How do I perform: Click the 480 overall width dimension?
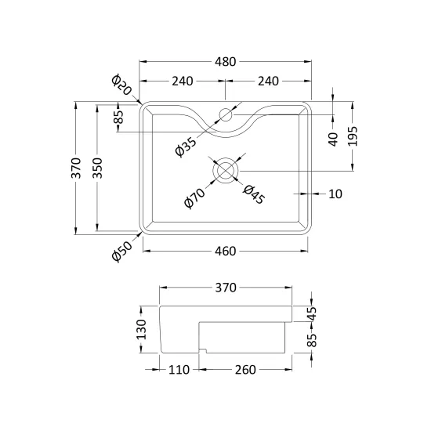[x=225, y=62]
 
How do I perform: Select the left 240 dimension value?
[x=183, y=81]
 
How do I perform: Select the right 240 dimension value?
[x=268, y=81]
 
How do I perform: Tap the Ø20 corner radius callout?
[x=121, y=85]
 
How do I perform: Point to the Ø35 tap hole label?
[x=186, y=147]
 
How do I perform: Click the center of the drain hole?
[x=226, y=170]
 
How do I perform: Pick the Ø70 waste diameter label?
[x=194, y=198]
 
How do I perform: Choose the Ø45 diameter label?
[x=254, y=194]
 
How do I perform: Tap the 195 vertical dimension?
[x=353, y=136]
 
